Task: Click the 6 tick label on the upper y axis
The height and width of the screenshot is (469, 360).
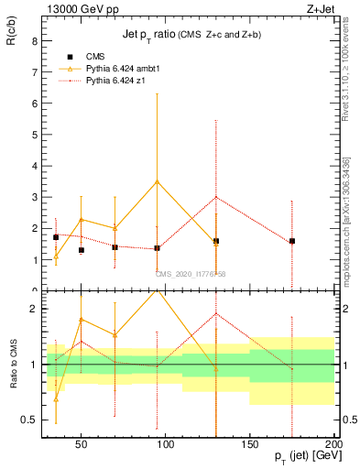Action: click(34, 104)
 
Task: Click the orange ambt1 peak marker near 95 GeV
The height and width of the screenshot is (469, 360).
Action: click(158, 181)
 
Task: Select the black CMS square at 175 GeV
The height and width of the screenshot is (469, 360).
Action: click(291, 241)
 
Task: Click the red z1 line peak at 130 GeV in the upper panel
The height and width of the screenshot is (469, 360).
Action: click(216, 197)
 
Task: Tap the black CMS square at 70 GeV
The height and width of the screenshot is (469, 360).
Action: click(115, 247)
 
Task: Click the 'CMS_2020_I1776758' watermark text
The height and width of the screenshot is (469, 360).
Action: click(191, 273)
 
